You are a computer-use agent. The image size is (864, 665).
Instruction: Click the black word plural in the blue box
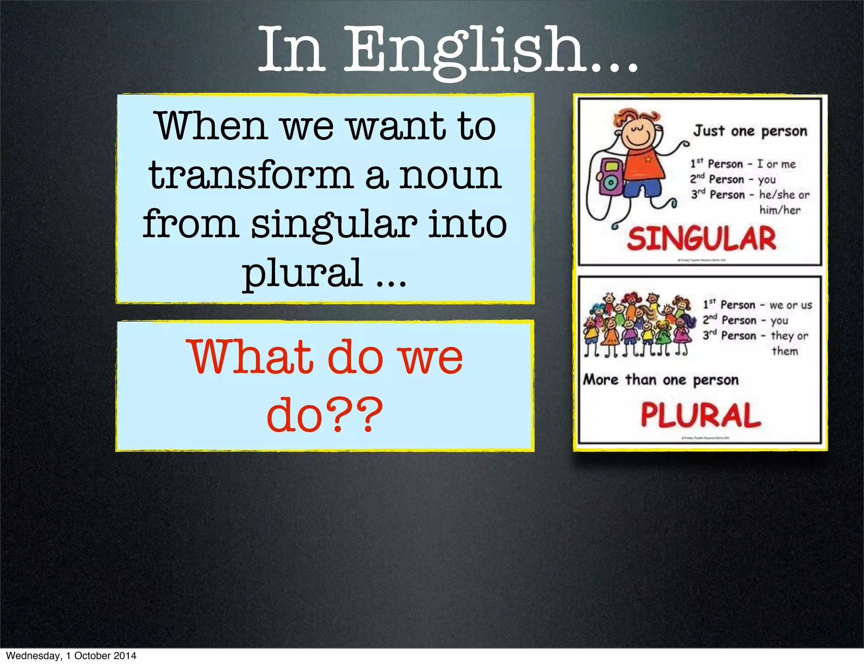tap(302, 273)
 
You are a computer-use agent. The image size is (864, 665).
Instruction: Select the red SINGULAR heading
tap(701, 239)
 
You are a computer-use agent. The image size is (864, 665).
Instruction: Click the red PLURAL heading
tap(701, 415)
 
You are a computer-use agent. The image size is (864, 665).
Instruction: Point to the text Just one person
tap(750, 131)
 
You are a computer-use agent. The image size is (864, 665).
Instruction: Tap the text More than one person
tap(661, 380)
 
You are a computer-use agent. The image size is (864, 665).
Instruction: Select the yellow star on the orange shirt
tap(648, 159)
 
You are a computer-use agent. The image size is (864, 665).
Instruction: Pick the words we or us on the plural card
tap(791, 305)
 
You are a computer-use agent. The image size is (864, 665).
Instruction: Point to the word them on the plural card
tap(785, 351)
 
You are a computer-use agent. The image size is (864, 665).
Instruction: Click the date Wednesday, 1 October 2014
tap(71, 656)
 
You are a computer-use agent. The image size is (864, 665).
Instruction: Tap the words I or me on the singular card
tap(776, 164)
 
